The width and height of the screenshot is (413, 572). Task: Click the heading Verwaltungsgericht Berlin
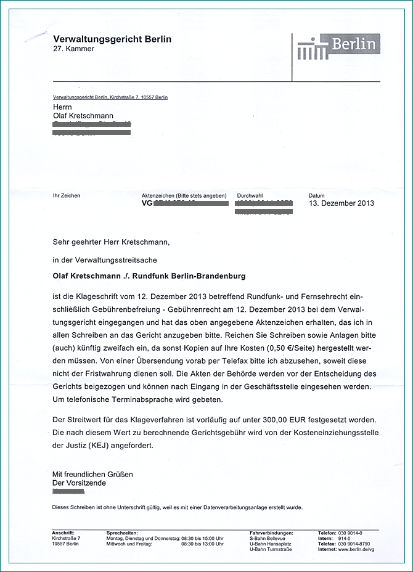click(112, 39)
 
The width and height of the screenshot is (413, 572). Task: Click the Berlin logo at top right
click(338, 47)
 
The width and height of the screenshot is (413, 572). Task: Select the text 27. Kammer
click(73, 49)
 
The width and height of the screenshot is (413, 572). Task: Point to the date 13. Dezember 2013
click(341, 203)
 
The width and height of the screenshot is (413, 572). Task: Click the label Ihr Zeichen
click(67, 195)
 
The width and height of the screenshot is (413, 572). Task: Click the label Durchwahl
click(250, 195)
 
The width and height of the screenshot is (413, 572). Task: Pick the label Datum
click(316, 195)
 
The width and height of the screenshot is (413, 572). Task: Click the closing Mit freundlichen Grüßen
click(92, 475)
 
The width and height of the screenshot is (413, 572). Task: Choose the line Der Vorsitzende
click(79, 483)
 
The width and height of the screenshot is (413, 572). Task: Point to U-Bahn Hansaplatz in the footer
click(271, 544)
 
